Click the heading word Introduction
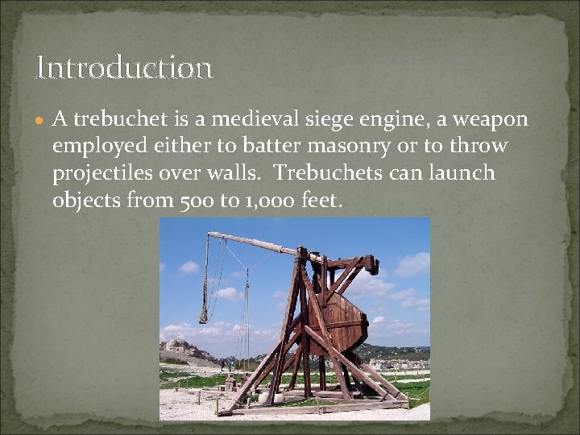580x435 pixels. click(125, 68)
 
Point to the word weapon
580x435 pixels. click(491, 120)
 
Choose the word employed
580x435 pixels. click(101, 147)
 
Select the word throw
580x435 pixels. click(479, 146)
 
